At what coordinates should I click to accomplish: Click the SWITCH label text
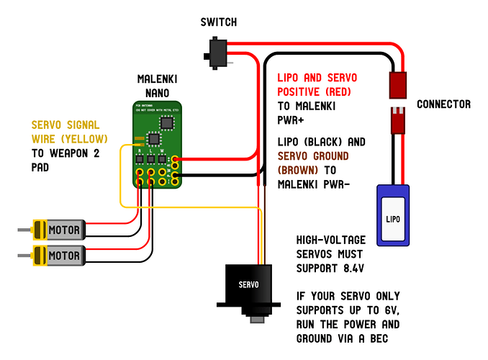click(x=218, y=22)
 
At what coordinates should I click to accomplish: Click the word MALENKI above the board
click(x=157, y=78)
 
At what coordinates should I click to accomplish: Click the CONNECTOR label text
click(x=443, y=104)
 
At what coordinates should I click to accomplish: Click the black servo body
click(x=247, y=285)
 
